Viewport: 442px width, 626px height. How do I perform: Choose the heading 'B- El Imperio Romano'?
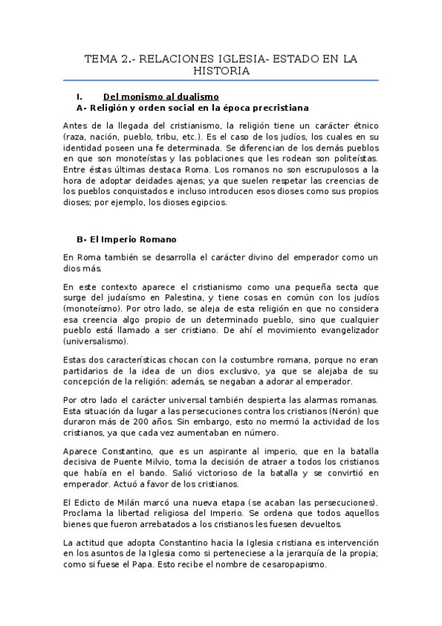(x=126, y=239)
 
